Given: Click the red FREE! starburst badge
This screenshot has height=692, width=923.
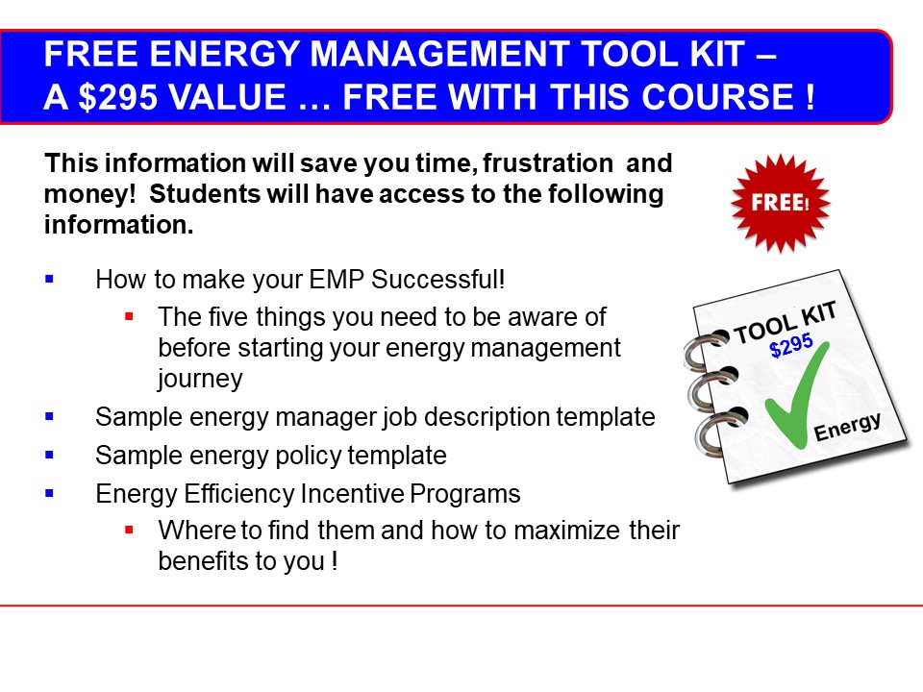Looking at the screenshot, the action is pyautogui.click(x=780, y=203).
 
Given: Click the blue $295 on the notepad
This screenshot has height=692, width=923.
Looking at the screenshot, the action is pyautogui.click(x=790, y=345).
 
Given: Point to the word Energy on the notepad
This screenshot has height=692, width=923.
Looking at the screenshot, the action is pyautogui.click(x=847, y=426).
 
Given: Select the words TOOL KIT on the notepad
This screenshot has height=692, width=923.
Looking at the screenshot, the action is pyautogui.click(x=785, y=323).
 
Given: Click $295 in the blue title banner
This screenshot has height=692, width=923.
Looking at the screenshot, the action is pyautogui.click(x=117, y=97).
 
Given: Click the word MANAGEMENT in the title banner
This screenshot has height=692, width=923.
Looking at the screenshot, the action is pyautogui.click(x=439, y=54).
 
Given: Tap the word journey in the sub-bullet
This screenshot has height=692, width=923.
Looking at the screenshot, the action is pyautogui.click(x=200, y=379).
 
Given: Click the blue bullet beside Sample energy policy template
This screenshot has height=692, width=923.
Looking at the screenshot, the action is pyautogui.click(x=49, y=455).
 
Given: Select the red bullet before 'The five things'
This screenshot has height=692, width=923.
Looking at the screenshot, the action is pyautogui.click(x=130, y=316).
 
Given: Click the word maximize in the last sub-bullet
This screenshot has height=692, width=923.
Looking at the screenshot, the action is pyautogui.click(x=567, y=531).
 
